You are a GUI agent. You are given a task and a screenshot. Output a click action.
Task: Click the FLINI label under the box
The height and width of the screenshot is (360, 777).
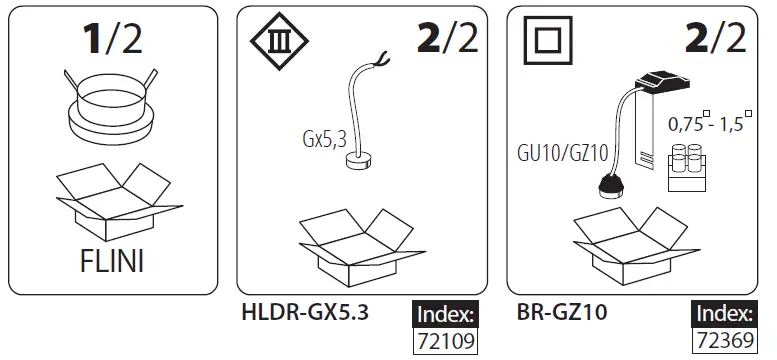[111, 262]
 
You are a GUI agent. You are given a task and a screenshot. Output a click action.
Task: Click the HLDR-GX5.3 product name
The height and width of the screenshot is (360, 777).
[305, 312]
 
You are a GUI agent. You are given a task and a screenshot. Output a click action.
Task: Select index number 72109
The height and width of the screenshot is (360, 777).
[445, 341]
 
